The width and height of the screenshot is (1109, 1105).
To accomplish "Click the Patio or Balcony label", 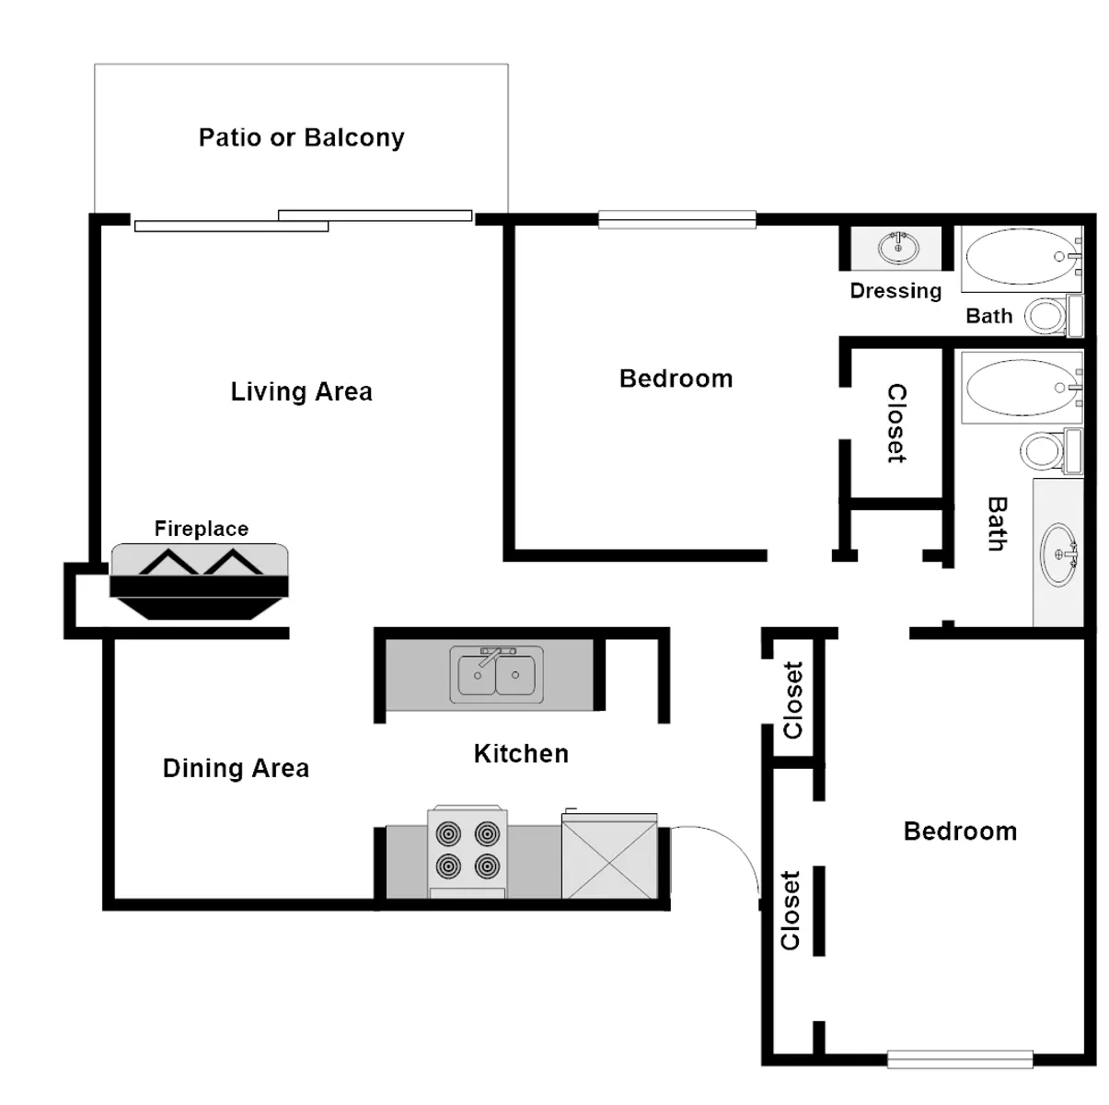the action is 301,138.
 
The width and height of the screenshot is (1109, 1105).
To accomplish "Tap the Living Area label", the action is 301,391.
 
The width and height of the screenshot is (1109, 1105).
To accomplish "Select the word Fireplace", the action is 202,529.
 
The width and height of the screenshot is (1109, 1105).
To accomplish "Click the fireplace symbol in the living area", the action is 199,582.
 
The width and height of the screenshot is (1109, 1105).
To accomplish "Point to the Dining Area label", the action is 236,768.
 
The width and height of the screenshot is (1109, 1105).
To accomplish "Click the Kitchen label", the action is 522,753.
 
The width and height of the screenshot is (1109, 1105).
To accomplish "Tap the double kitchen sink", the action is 496,674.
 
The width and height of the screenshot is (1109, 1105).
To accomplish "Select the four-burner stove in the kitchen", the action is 468,851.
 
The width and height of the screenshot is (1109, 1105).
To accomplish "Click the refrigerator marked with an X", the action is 609,855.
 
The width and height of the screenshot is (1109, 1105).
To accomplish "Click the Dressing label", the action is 895,291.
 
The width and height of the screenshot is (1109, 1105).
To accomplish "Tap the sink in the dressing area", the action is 898,248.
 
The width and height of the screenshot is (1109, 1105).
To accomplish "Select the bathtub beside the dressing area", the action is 1022,257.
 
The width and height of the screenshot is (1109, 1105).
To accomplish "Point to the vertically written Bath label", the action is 998,524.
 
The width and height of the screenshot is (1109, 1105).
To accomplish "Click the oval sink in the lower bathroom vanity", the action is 1059,555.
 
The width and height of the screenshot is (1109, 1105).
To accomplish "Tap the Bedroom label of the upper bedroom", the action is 676,378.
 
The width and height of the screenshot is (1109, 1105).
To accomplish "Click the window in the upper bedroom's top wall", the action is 676,219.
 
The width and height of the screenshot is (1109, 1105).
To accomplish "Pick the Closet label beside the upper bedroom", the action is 896,424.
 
